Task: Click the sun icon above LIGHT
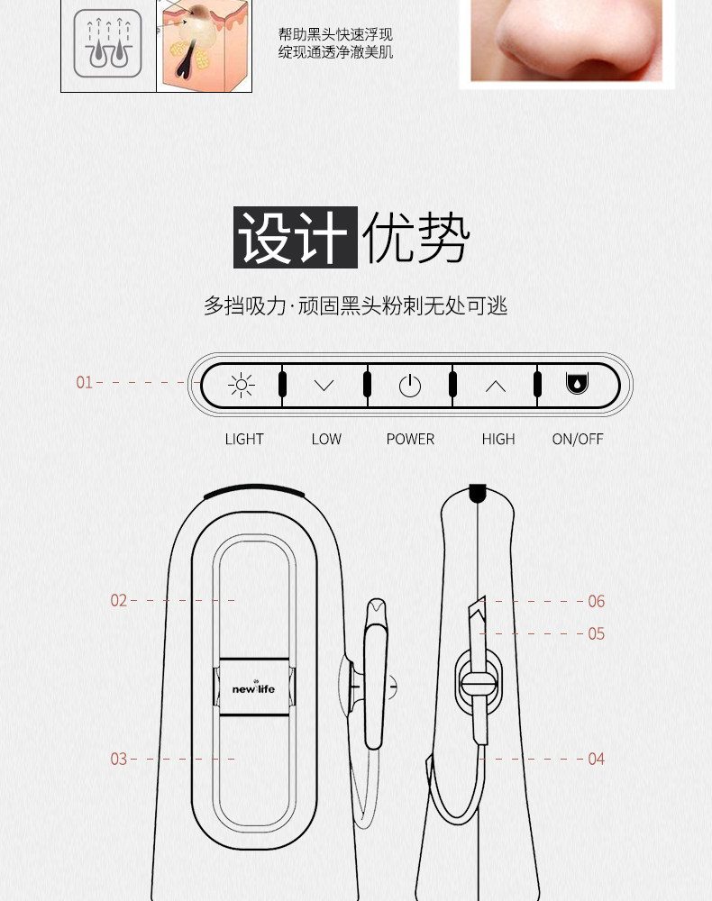(242, 386)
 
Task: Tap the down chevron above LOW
(324, 386)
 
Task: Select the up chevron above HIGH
(496, 386)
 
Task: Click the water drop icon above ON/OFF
(576, 385)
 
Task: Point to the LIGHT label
(244, 439)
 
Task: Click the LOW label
(326, 439)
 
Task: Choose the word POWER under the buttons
(410, 439)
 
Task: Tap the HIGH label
(497, 439)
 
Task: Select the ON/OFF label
(578, 439)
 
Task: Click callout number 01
(84, 383)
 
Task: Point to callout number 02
(119, 600)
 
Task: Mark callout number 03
(119, 759)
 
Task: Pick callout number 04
(596, 759)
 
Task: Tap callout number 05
(596, 633)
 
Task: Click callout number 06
(596, 601)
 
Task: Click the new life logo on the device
(253, 689)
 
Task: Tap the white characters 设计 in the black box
(296, 238)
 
